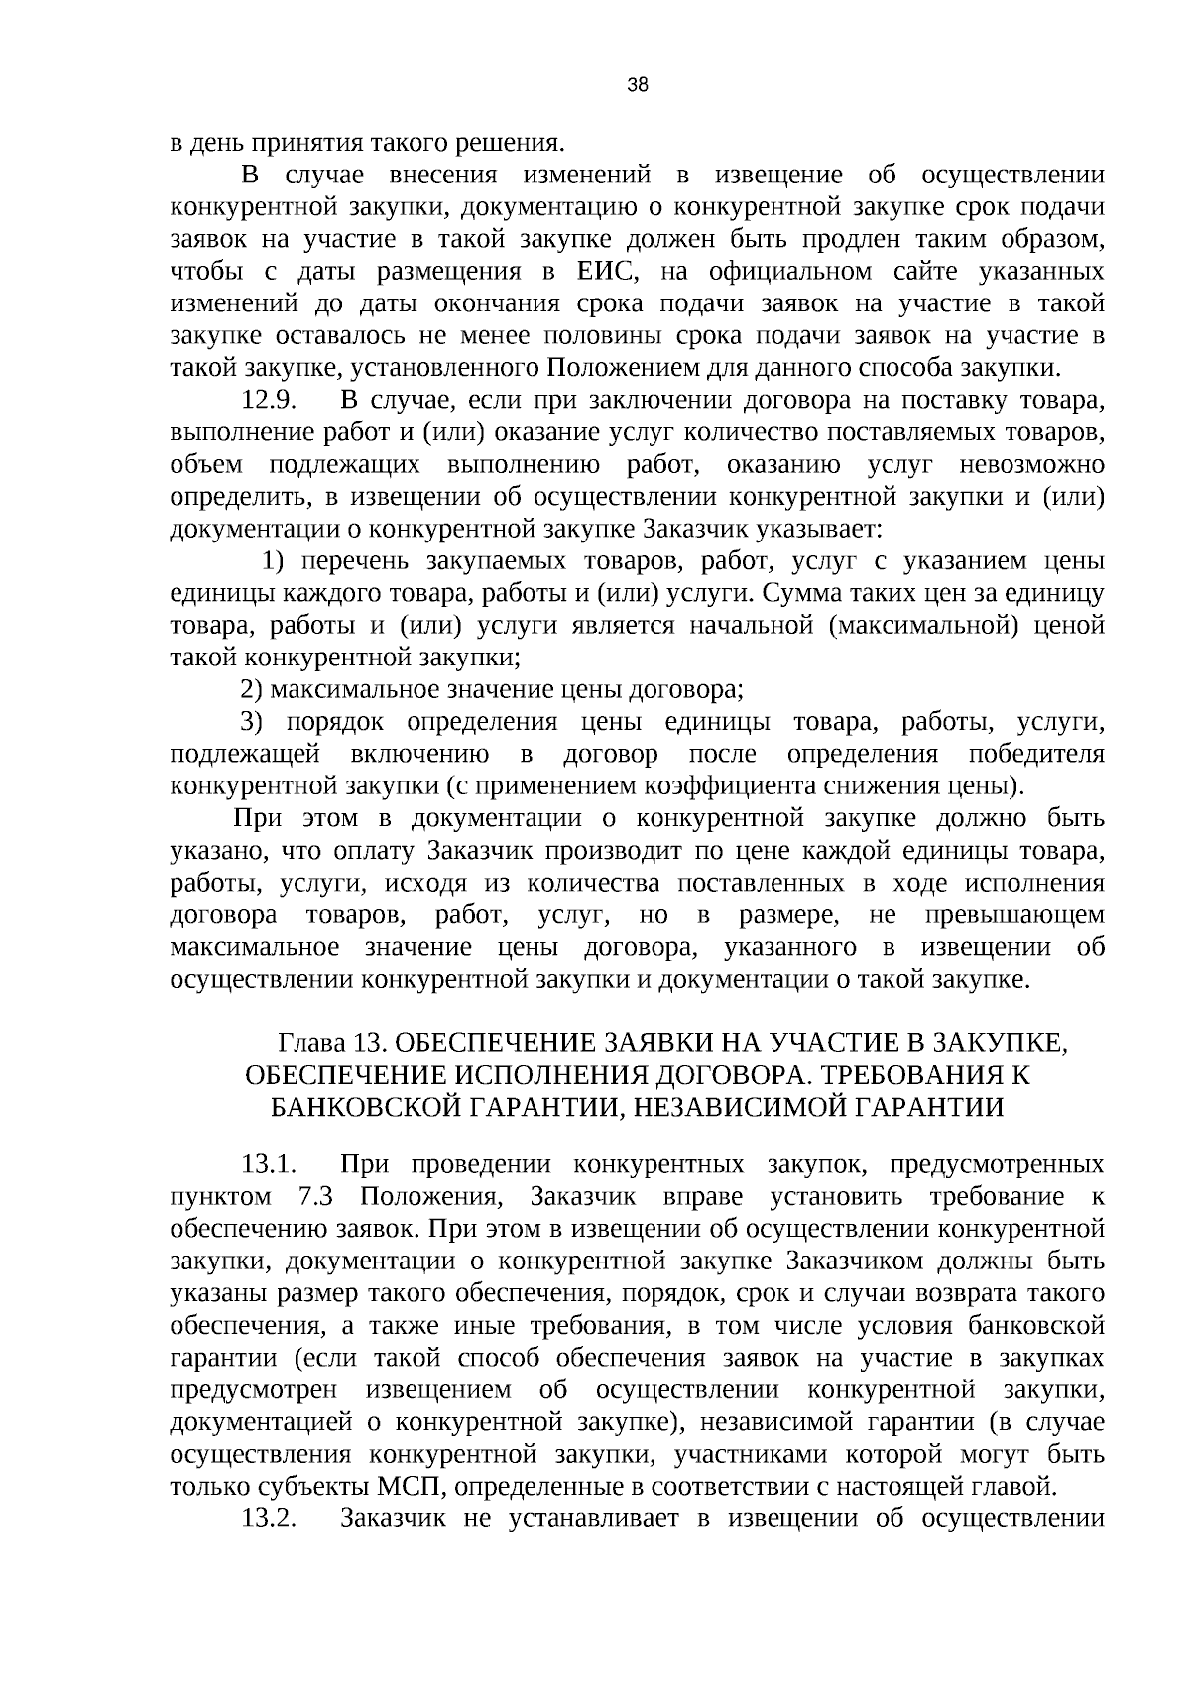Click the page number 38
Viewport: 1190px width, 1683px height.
(638, 85)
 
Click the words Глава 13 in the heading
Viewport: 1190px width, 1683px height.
(330, 1043)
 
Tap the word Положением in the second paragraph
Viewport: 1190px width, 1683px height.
(612, 369)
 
